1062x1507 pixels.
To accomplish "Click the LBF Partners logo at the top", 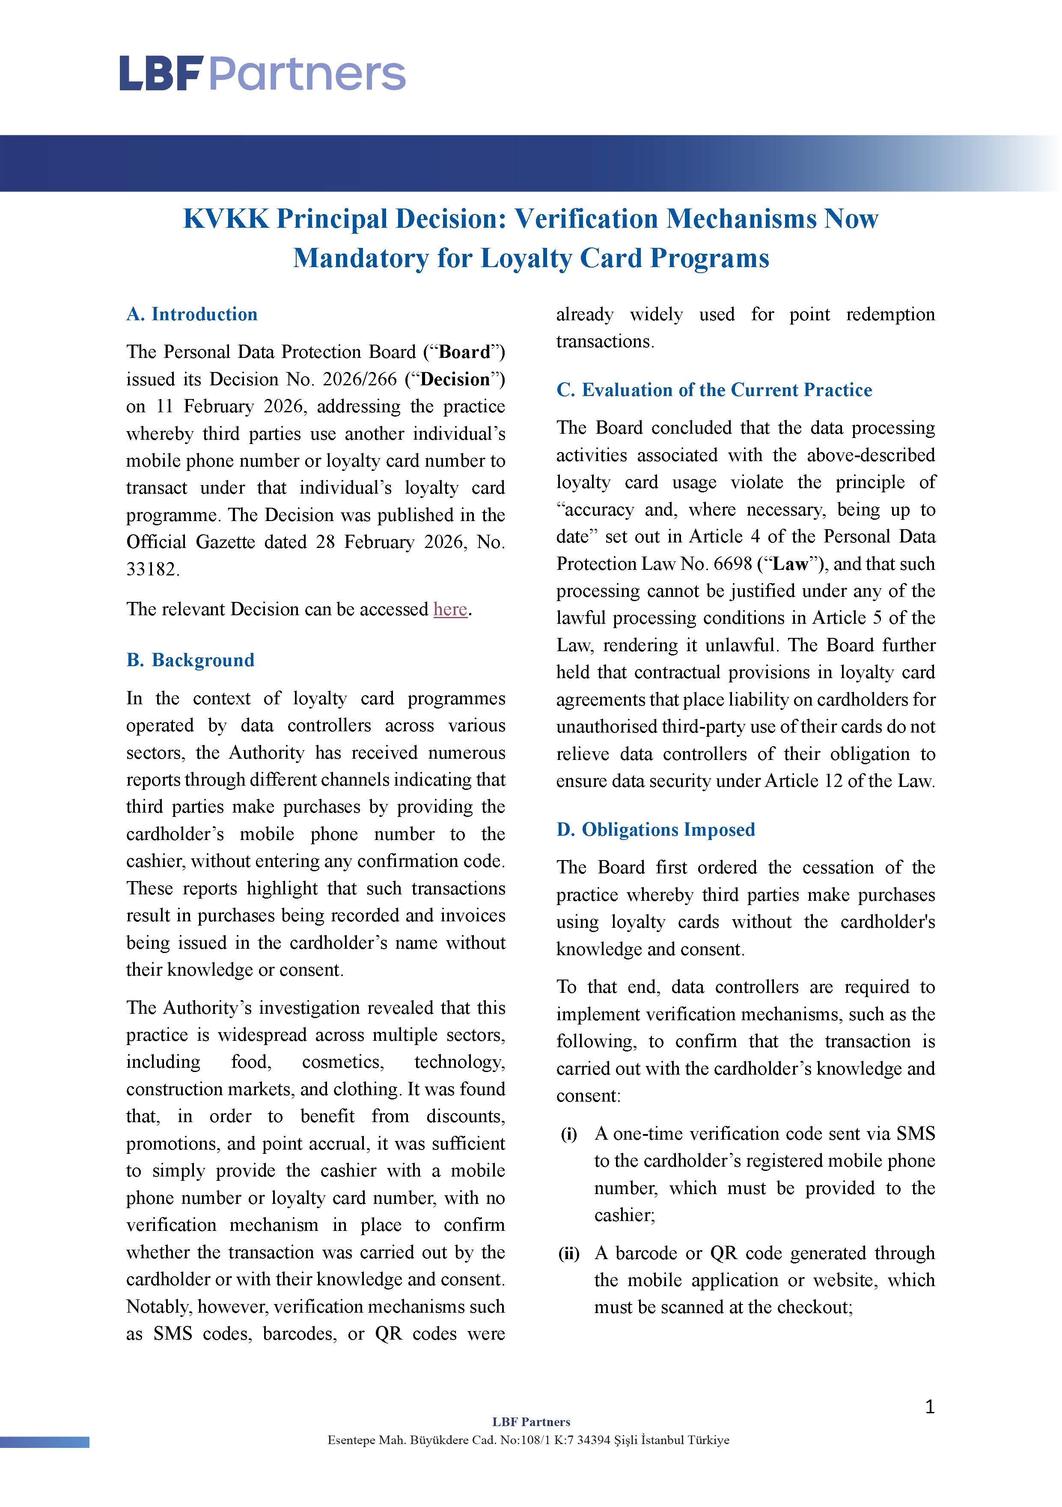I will tap(262, 74).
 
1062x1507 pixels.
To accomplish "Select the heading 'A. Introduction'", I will tap(192, 314).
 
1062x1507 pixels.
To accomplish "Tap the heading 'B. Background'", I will tap(190, 660).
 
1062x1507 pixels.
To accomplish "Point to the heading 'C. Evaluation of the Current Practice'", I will tap(714, 390).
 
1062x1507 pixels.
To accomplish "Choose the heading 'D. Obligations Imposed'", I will tap(656, 830).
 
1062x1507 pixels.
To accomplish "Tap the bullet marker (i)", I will tap(568, 1134).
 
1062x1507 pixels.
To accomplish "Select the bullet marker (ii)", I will tap(568, 1254).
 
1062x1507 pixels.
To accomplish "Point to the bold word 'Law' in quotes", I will tap(791, 564).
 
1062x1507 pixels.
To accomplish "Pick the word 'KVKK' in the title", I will tap(226, 219).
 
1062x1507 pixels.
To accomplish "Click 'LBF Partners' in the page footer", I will tap(531, 1422).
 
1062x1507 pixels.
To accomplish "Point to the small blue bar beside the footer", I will tap(45, 1442).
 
